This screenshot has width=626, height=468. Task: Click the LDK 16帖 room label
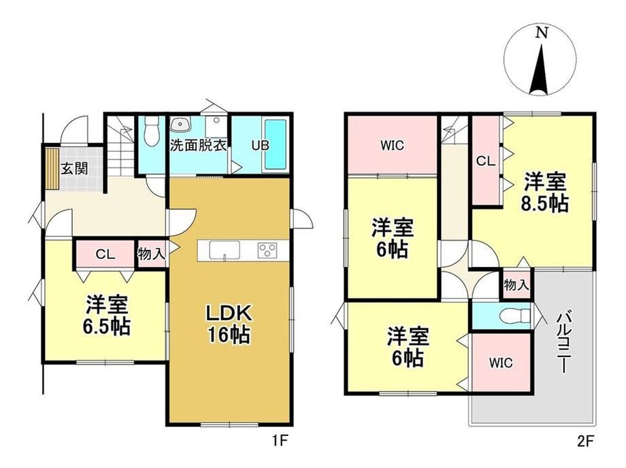pos(229,324)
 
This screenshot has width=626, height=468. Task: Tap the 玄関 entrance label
pos(74,168)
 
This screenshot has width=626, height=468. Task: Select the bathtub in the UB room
pos(276,144)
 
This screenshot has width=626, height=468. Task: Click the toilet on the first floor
pos(151,131)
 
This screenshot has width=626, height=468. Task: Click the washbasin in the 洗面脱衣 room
pos(180,125)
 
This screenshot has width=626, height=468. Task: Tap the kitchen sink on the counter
pos(225,251)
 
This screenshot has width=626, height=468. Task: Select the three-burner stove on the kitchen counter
pos(267,251)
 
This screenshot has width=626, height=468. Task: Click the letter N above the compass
pos(542,33)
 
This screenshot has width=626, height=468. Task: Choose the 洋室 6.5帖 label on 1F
pos(107,315)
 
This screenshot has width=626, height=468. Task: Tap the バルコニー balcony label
pos(563,343)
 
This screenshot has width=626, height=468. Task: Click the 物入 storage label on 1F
pos(151,253)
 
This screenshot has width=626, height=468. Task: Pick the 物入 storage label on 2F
pos(516,285)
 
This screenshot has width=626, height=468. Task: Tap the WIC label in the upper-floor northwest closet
pos(392,146)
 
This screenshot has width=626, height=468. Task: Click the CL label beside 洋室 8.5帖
pos(486,161)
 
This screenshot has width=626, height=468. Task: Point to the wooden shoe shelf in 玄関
pos(52,168)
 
